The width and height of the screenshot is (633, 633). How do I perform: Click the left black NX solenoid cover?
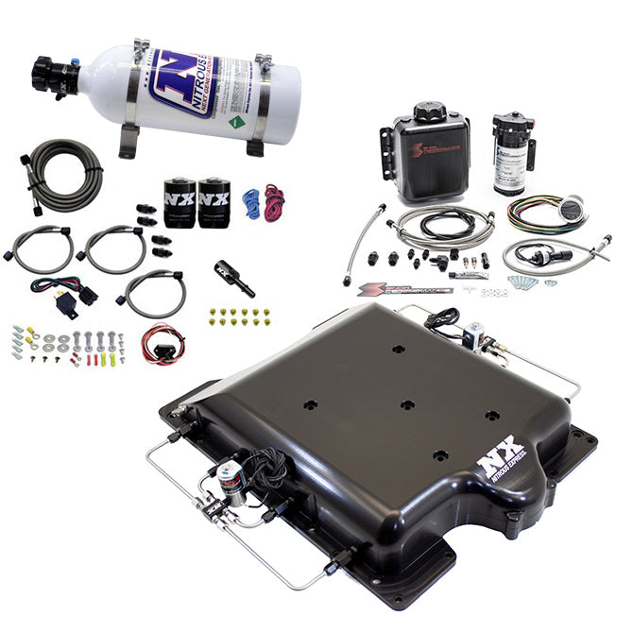[x=179, y=202]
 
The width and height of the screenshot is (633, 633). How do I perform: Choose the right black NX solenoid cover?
[x=213, y=202]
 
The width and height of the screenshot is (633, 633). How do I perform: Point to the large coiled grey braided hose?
[x=64, y=174]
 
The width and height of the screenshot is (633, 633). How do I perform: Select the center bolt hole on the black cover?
[x=406, y=404]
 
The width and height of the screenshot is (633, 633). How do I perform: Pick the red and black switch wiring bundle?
[x=161, y=342]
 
